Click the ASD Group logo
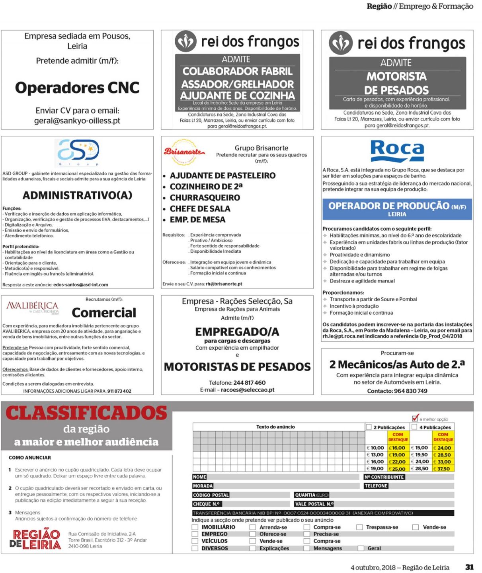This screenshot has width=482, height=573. [78, 152]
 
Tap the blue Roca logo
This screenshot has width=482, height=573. [397, 151]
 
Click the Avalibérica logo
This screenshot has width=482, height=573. [32, 307]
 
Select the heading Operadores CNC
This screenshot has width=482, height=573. [77, 88]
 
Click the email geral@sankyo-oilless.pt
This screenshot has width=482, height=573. [77, 121]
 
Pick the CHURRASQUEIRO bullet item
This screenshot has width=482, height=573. [205, 198]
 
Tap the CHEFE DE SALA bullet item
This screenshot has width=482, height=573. [200, 209]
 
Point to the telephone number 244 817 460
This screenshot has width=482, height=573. [249, 382]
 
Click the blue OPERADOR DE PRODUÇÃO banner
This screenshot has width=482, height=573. [397, 209]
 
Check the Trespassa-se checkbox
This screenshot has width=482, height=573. [359, 527]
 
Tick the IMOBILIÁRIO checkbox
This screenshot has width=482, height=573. [195, 527]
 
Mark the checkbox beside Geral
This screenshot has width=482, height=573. [361, 548]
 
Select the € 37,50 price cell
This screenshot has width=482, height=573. [443, 469]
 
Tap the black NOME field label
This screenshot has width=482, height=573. [199, 477]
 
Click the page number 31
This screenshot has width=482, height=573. [469, 567]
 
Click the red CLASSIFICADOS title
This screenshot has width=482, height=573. [86, 413]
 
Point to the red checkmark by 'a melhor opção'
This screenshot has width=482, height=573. [415, 418]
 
